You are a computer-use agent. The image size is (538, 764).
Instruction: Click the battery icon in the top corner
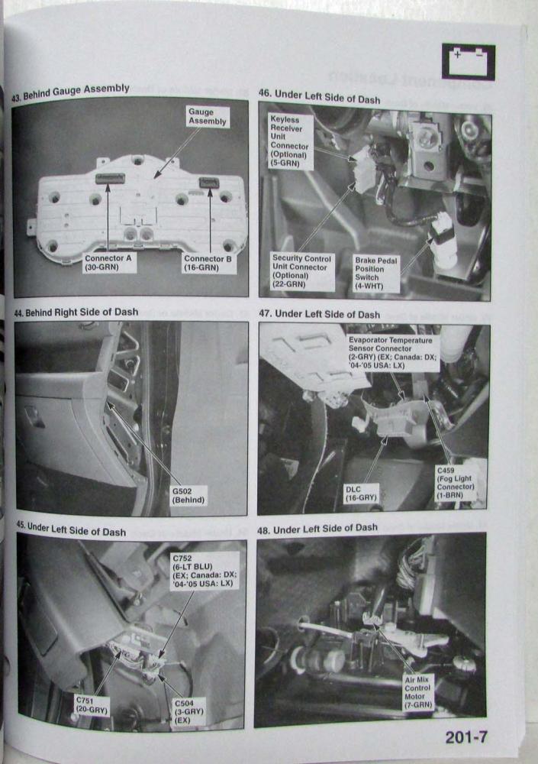coord(469,62)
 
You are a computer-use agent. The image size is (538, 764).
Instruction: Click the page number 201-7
coord(466,737)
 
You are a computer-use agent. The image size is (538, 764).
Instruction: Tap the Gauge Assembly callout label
coord(208,116)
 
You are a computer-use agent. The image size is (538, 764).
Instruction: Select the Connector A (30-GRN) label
coord(108,263)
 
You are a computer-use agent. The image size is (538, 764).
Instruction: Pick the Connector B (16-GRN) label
coord(208,263)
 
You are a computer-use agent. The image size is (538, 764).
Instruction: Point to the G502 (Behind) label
coord(188,496)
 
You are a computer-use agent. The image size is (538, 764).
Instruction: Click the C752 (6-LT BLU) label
coord(204,571)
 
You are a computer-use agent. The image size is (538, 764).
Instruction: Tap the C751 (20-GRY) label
coord(91,705)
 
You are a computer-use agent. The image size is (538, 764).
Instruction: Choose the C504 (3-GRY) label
coord(189,711)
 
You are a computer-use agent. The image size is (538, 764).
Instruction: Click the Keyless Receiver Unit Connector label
coord(291,141)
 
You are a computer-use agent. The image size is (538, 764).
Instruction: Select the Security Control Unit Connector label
coord(302,271)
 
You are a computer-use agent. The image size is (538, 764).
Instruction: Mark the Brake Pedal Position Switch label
coord(376,274)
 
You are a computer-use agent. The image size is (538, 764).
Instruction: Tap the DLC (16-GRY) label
coord(361,494)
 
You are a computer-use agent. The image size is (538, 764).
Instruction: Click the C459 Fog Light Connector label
coord(456,483)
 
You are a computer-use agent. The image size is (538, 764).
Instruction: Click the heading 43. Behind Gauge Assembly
coord(71,92)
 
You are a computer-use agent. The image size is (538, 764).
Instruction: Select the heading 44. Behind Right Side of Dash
coord(76,312)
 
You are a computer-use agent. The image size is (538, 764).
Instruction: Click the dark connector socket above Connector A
coord(110,179)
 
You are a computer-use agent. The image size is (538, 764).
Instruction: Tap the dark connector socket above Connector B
coord(209,183)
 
